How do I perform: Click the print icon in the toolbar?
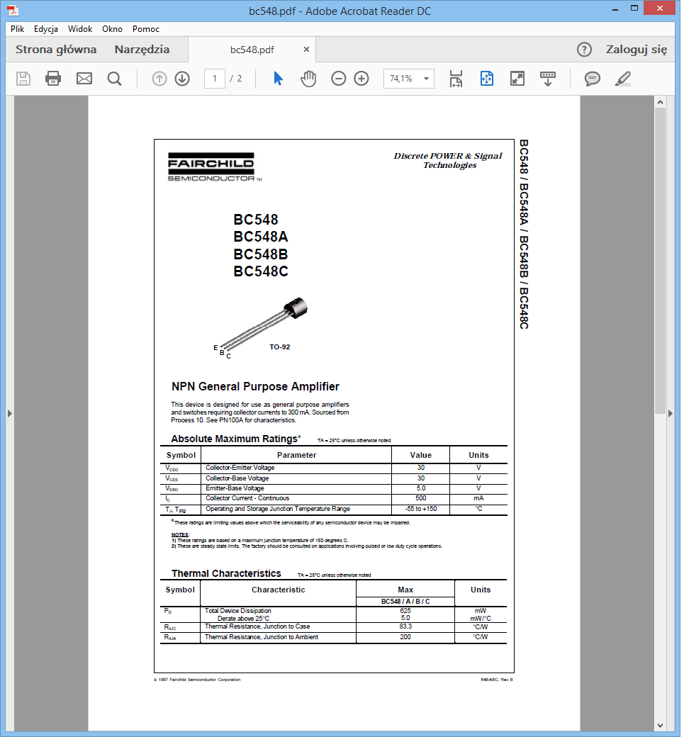coord(53,79)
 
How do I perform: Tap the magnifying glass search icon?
coord(114,79)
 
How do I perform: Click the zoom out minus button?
coord(339,79)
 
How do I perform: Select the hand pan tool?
coord(308,79)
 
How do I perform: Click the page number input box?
coord(214,79)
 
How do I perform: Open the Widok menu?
coord(80,29)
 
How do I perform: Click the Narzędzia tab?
coord(142,50)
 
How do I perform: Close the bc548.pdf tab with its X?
coord(306,50)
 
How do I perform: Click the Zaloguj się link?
coord(636,50)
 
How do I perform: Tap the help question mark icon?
coord(584,50)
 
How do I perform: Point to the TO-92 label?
coord(279,347)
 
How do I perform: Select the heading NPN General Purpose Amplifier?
coord(255,387)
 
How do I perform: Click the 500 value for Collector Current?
coord(420,498)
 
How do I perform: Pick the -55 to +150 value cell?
coord(420,509)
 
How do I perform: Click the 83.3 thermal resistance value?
coord(405,626)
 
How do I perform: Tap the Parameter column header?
coord(296,455)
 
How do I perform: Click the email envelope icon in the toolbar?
coord(84,79)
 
